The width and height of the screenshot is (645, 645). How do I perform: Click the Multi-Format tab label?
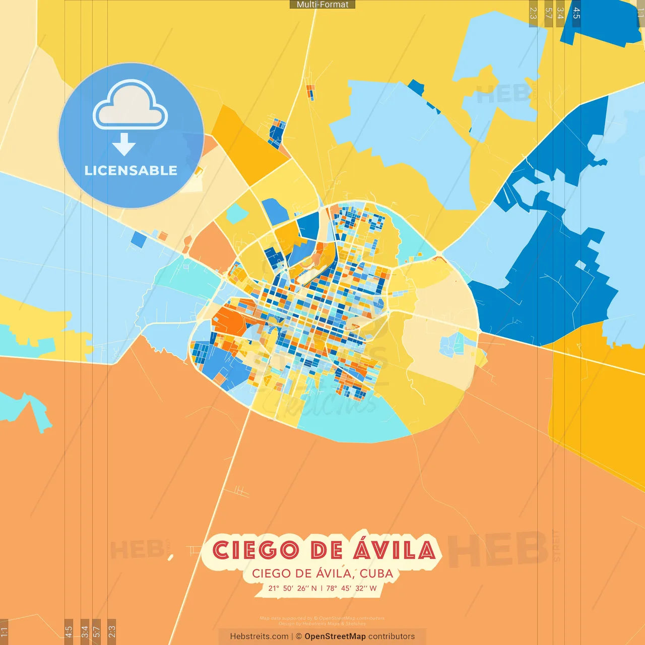click(x=322, y=5)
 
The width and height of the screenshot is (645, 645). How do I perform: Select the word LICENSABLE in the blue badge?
click(x=131, y=170)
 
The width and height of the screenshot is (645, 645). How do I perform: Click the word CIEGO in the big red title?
click(x=255, y=550)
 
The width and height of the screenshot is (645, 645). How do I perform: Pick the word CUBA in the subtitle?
click(x=376, y=573)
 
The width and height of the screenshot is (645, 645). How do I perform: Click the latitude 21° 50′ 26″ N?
click(x=292, y=588)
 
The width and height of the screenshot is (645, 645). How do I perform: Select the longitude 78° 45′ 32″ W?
click(x=351, y=588)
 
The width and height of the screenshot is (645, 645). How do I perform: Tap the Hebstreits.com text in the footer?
click(x=259, y=636)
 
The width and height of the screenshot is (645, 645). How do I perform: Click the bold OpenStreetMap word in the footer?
click(x=335, y=636)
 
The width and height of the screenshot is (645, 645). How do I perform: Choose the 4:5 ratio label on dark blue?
click(x=576, y=13)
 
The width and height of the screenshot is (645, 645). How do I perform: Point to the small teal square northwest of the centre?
click(x=236, y=214)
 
